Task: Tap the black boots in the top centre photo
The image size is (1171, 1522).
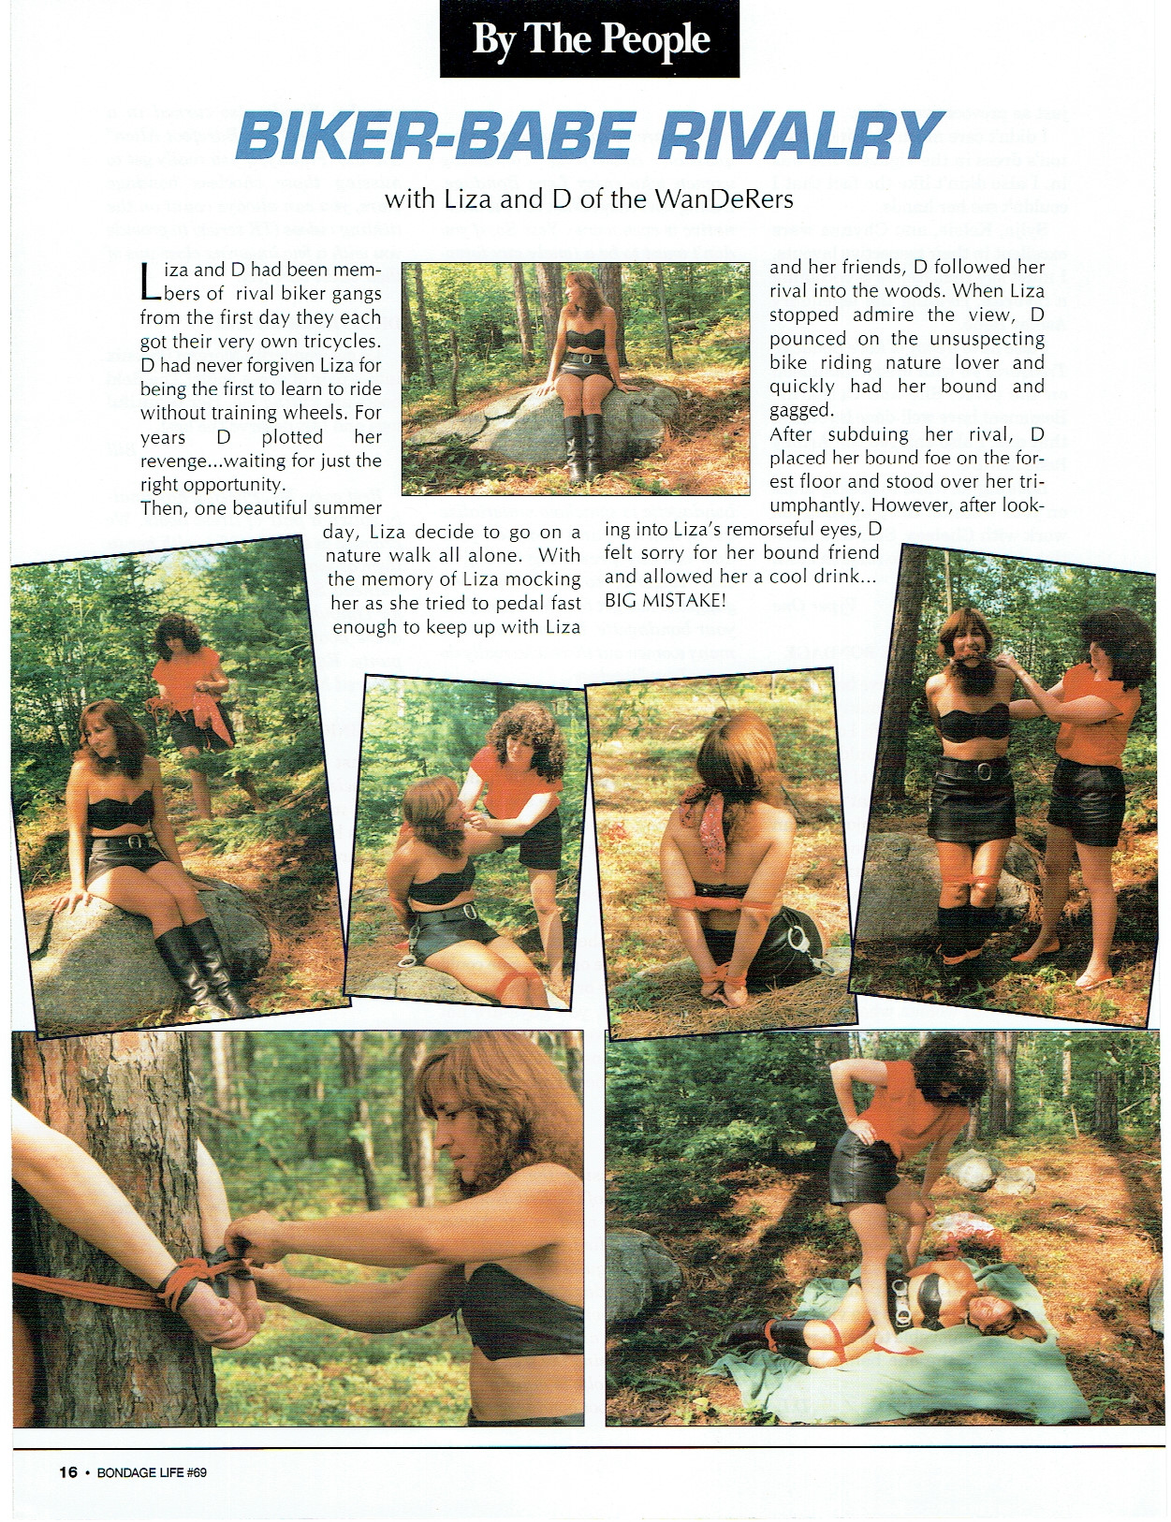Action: (x=583, y=448)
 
